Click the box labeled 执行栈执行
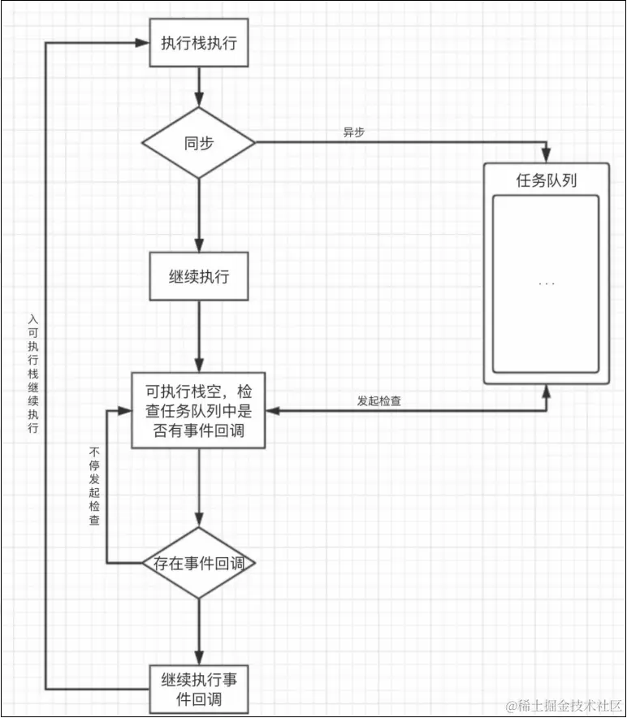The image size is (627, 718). click(199, 43)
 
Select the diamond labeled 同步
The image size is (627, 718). click(199, 143)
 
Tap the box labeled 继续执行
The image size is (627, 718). click(199, 276)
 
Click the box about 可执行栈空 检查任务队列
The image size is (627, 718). click(199, 410)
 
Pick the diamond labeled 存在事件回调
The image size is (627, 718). click(199, 563)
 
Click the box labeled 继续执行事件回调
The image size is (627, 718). click(199, 689)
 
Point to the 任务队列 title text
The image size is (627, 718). click(547, 180)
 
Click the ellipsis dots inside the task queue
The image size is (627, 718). click(547, 284)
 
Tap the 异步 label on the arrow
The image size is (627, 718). click(354, 132)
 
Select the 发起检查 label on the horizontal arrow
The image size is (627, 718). click(378, 401)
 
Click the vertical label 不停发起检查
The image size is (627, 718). click(94, 485)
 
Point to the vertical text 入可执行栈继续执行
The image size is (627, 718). click(32, 374)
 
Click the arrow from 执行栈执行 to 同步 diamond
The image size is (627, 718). click(199, 87)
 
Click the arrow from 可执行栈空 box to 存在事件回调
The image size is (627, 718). click(199, 487)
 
